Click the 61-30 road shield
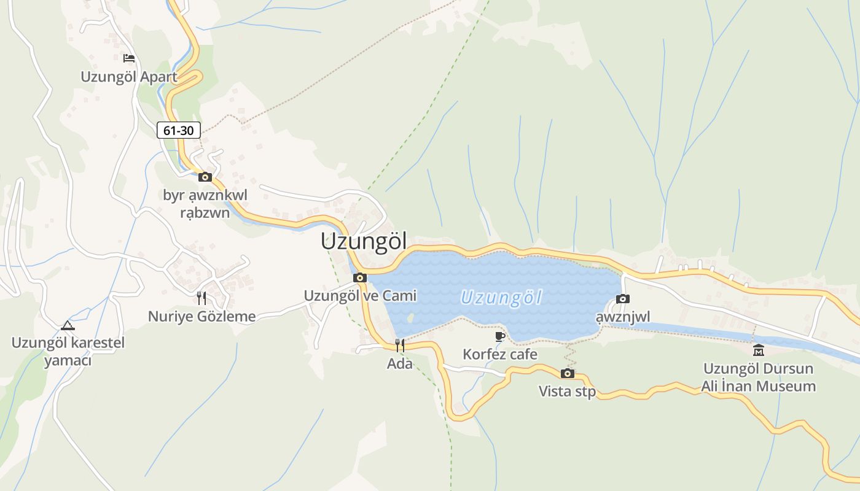coord(179,130)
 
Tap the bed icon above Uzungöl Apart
coord(129,58)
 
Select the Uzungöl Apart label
coord(129,77)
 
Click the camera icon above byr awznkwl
coord(205,177)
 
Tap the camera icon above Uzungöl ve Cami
coord(360,278)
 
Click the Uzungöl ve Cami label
coord(360,296)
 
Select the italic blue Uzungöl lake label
coord(501,298)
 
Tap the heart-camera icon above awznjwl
coord(623,299)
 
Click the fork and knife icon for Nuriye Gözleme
coord(201,298)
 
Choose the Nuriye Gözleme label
coord(201,317)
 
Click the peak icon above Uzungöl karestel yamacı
coord(68,325)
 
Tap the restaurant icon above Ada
coord(400,346)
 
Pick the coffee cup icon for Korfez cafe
coord(500,336)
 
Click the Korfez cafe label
coord(500,354)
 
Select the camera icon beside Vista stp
coord(568,373)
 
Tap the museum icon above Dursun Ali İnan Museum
coord(759,350)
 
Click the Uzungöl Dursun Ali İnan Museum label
coord(759,377)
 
